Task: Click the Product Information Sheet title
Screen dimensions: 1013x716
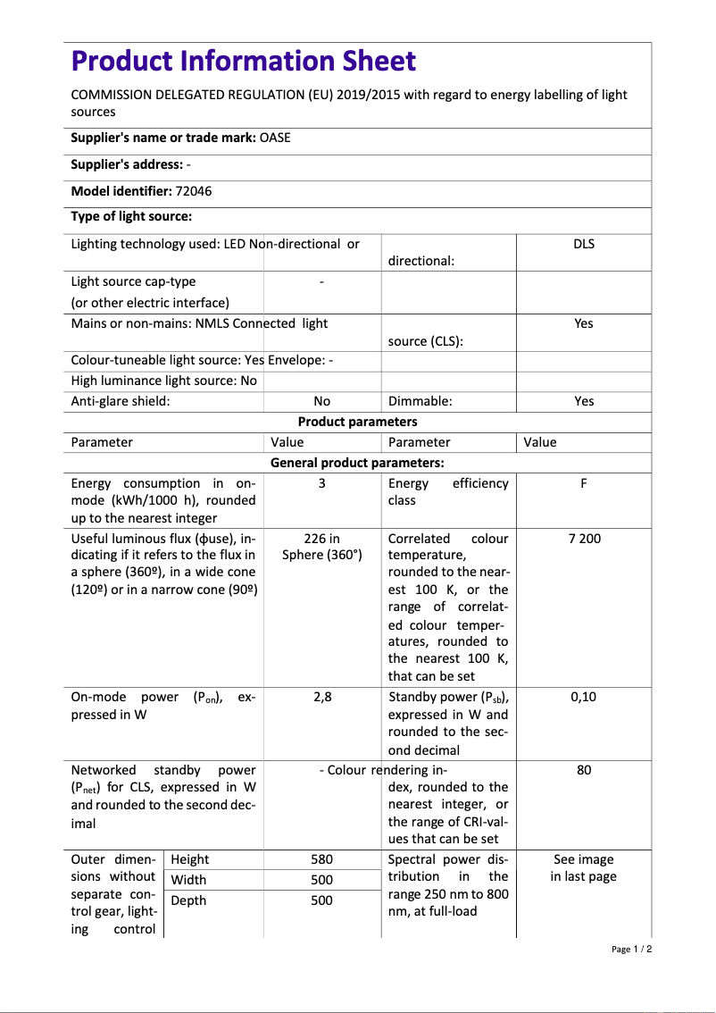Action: click(243, 62)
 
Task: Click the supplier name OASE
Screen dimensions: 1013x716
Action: click(275, 138)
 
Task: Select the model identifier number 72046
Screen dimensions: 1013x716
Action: click(194, 191)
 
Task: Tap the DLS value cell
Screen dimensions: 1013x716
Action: click(583, 244)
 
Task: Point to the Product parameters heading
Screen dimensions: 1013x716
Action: click(357, 422)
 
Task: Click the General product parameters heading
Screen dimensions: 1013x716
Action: click(357, 463)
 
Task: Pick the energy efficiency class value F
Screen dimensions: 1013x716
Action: click(583, 483)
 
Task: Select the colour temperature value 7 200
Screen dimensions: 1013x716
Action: click(584, 539)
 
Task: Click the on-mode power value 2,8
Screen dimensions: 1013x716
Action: click(322, 697)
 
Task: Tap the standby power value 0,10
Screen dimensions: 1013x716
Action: click(583, 697)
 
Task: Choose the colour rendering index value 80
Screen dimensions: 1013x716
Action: click(583, 770)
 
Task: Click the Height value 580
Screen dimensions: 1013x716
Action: click(321, 859)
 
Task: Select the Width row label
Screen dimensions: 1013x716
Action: click(189, 880)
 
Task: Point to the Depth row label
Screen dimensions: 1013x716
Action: click(188, 900)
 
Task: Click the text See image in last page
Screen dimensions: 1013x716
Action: click(583, 867)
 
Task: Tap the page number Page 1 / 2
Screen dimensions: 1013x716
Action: click(631, 949)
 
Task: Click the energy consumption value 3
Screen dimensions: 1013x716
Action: click(321, 483)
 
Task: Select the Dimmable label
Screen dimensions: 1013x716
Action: click(420, 401)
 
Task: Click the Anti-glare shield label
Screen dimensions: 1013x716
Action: click(121, 401)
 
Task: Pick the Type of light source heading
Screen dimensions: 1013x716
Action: click(131, 216)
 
